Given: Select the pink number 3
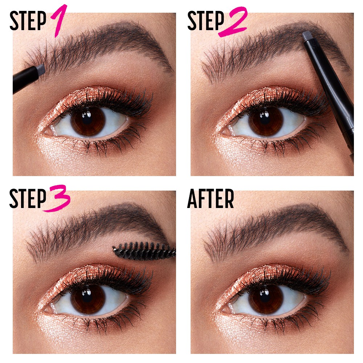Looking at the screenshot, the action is (x=57, y=199).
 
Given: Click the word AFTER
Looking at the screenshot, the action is (x=211, y=199).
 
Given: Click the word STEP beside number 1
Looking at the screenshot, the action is (x=28, y=21).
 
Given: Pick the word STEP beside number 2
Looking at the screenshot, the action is (x=206, y=21).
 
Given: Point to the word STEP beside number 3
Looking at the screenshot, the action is (x=28, y=199).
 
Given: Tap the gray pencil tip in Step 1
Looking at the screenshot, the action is (x=41, y=69).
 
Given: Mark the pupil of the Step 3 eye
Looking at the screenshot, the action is (x=87, y=298).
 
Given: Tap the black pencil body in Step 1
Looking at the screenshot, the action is (x=25, y=79).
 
